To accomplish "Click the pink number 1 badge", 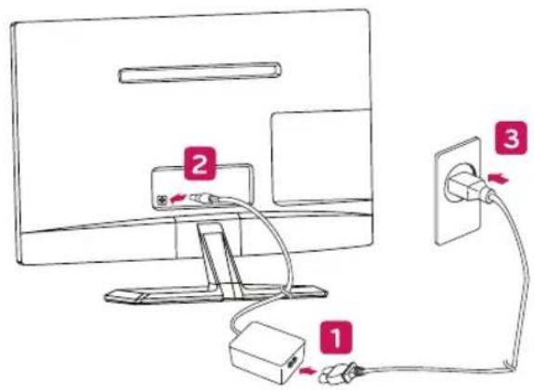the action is pyautogui.click(x=336, y=338).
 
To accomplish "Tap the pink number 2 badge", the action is pyautogui.click(x=200, y=163).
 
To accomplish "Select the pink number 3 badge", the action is pyautogui.click(x=511, y=138).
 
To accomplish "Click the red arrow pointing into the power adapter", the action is pyautogui.click(x=307, y=370).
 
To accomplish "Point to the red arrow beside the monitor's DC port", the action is pyautogui.click(x=178, y=198).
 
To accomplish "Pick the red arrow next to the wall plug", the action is pyautogui.click(x=498, y=178).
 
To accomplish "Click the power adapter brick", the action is pyautogui.click(x=267, y=352).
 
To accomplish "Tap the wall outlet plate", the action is pyautogui.click(x=458, y=190).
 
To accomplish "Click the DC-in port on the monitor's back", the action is pyautogui.click(x=161, y=200).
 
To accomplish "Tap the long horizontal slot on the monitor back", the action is pyautogui.click(x=200, y=72).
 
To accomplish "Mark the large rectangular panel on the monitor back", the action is pyautogui.click(x=321, y=158).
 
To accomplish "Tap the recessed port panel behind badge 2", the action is pyautogui.click(x=202, y=187).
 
